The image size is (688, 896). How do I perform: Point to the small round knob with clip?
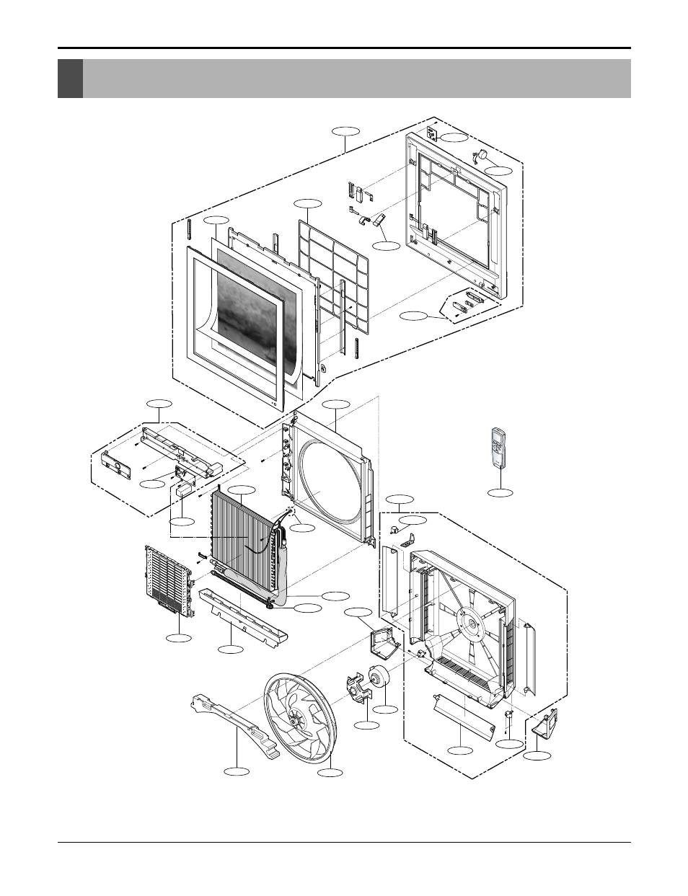(x=479, y=154)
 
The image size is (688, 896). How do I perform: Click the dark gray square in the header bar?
(x=70, y=79)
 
